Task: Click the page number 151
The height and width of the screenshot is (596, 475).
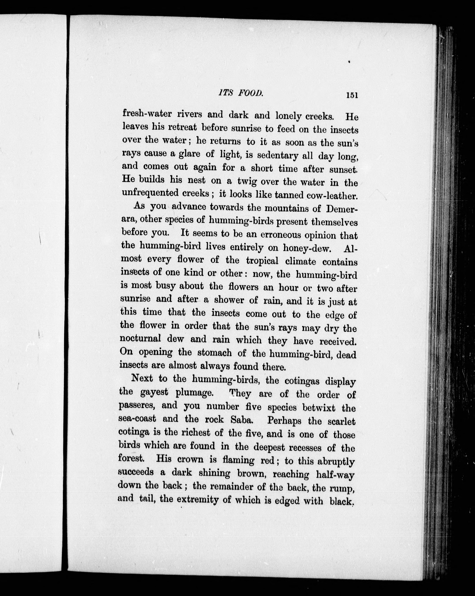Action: [352, 95]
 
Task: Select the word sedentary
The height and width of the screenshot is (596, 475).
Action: [277, 155]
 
